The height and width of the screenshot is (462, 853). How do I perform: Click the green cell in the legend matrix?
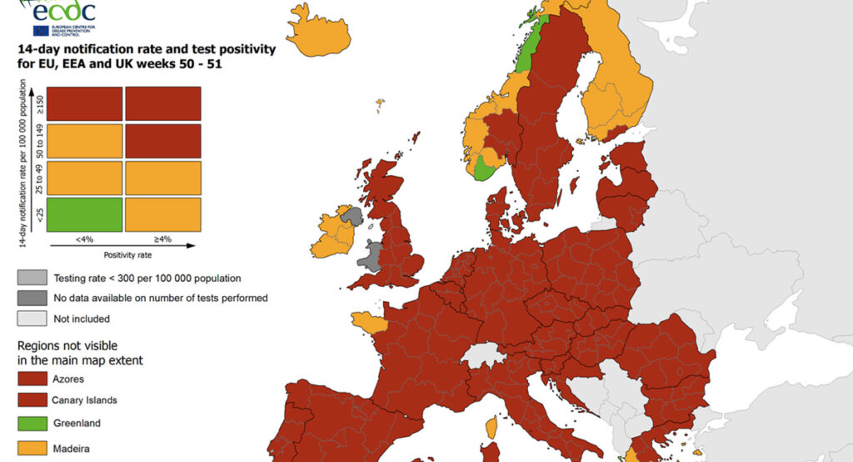click(x=83, y=213)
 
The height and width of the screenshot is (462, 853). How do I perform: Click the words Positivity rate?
click(x=127, y=254)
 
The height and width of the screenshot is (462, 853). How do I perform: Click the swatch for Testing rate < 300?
click(x=32, y=278)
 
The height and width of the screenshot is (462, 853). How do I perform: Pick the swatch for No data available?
click(x=32, y=298)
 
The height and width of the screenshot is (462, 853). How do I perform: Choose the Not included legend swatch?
click(x=32, y=318)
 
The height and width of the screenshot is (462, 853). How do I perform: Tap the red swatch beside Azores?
click(x=32, y=379)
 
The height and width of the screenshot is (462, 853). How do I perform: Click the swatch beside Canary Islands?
click(x=32, y=399)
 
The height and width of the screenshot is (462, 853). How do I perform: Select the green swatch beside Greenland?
click(x=32, y=422)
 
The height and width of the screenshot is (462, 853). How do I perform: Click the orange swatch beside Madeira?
click(x=32, y=449)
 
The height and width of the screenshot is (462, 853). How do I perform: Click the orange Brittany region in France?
click(x=367, y=321)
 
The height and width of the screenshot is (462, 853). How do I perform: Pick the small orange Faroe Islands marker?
click(x=380, y=104)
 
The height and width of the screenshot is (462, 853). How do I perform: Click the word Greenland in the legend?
click(x=76, y=422)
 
